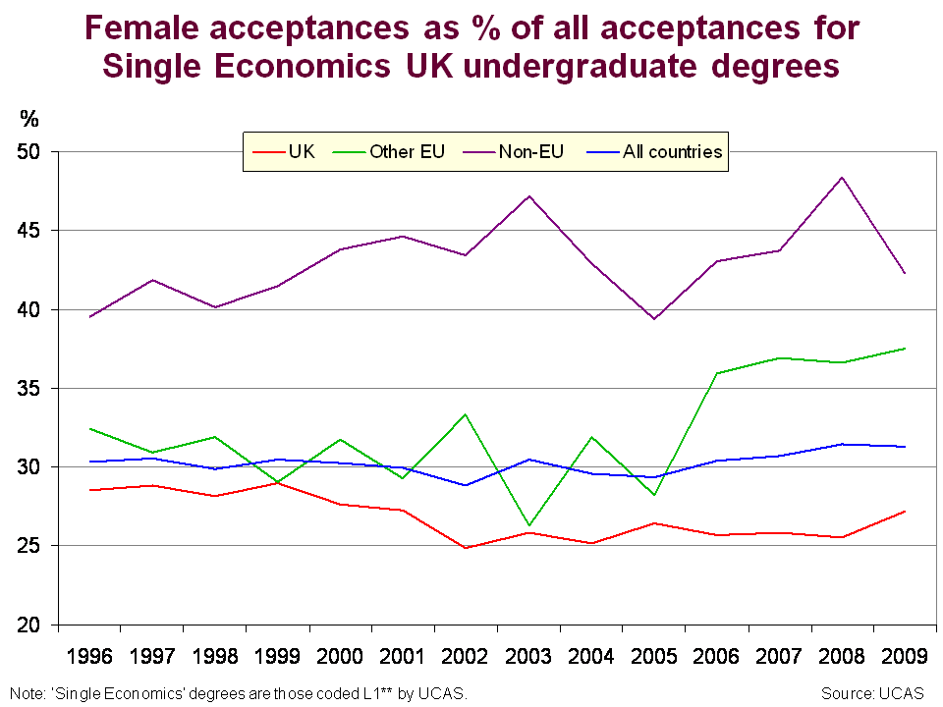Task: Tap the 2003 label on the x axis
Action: tap(529, 655)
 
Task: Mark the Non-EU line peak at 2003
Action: tap(529, 196)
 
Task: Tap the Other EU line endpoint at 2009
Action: tap(905, 349)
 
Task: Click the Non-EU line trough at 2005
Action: tap(654, 319)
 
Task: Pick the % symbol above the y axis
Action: tap(29, 120)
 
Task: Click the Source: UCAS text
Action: tap(872, 693)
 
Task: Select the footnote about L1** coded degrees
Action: tap(236, 693)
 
